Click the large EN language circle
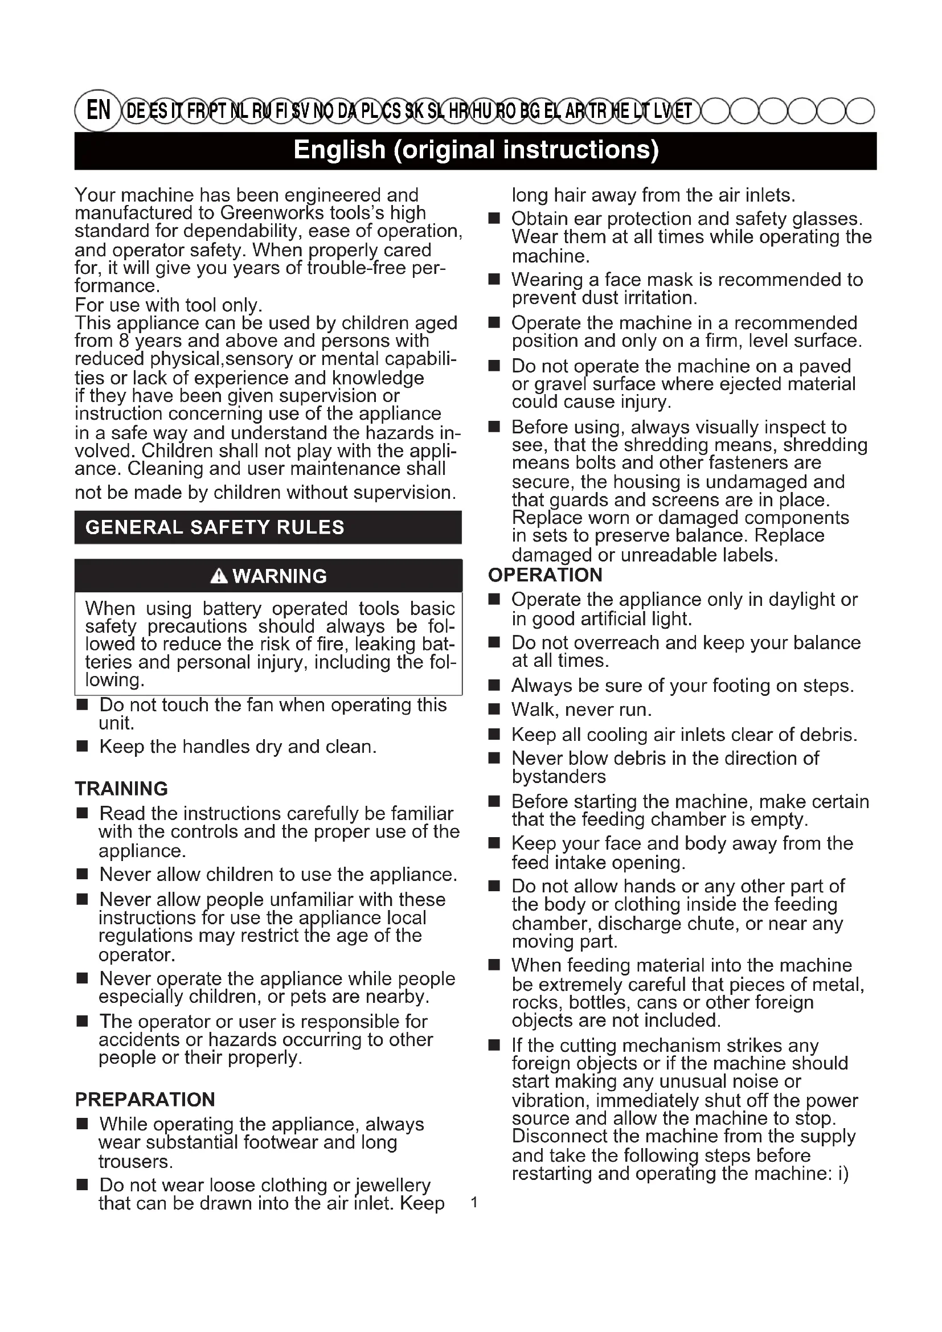(x=98, y=110)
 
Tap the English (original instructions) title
(x=476, y=150)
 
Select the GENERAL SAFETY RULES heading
(x=215, y=527)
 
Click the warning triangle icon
(x=219, y=576)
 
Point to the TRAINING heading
(x=121, y=788)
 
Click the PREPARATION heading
(x=145, y=1099)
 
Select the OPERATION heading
(x=545, y=575)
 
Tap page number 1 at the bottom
(x=474, y=1203)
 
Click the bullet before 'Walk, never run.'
(x=494, y=710)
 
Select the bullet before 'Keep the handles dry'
(x=83, y=747)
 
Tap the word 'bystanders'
(x=559, y=776)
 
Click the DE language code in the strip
(x=135, y=111)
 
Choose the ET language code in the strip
(x=682, y=111)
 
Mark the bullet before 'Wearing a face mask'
(x=494, y=280)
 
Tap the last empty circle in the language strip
(x=859, y=111)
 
